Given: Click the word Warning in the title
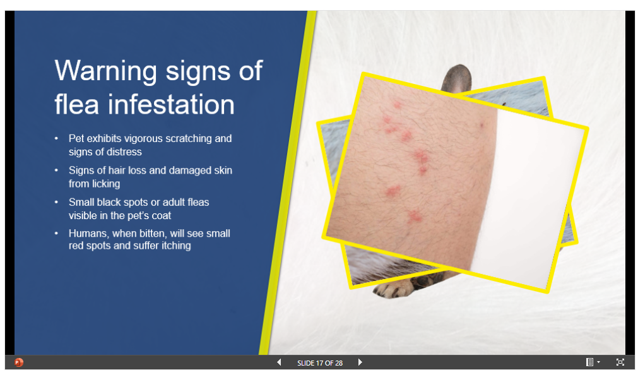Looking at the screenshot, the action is click(106, 72).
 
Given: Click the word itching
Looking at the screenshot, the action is click(176, 246).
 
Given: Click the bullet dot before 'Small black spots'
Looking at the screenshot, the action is click(57, 202).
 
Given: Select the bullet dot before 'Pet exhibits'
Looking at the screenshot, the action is click(57, 138).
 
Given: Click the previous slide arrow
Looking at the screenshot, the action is click(279, 362).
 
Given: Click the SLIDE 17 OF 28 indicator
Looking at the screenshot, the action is click(320, 363).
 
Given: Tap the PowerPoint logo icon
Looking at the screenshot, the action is click(19, 362).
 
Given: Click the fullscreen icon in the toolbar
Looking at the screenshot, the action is click(620, 362).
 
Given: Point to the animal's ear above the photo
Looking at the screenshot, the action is click(457, 78).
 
